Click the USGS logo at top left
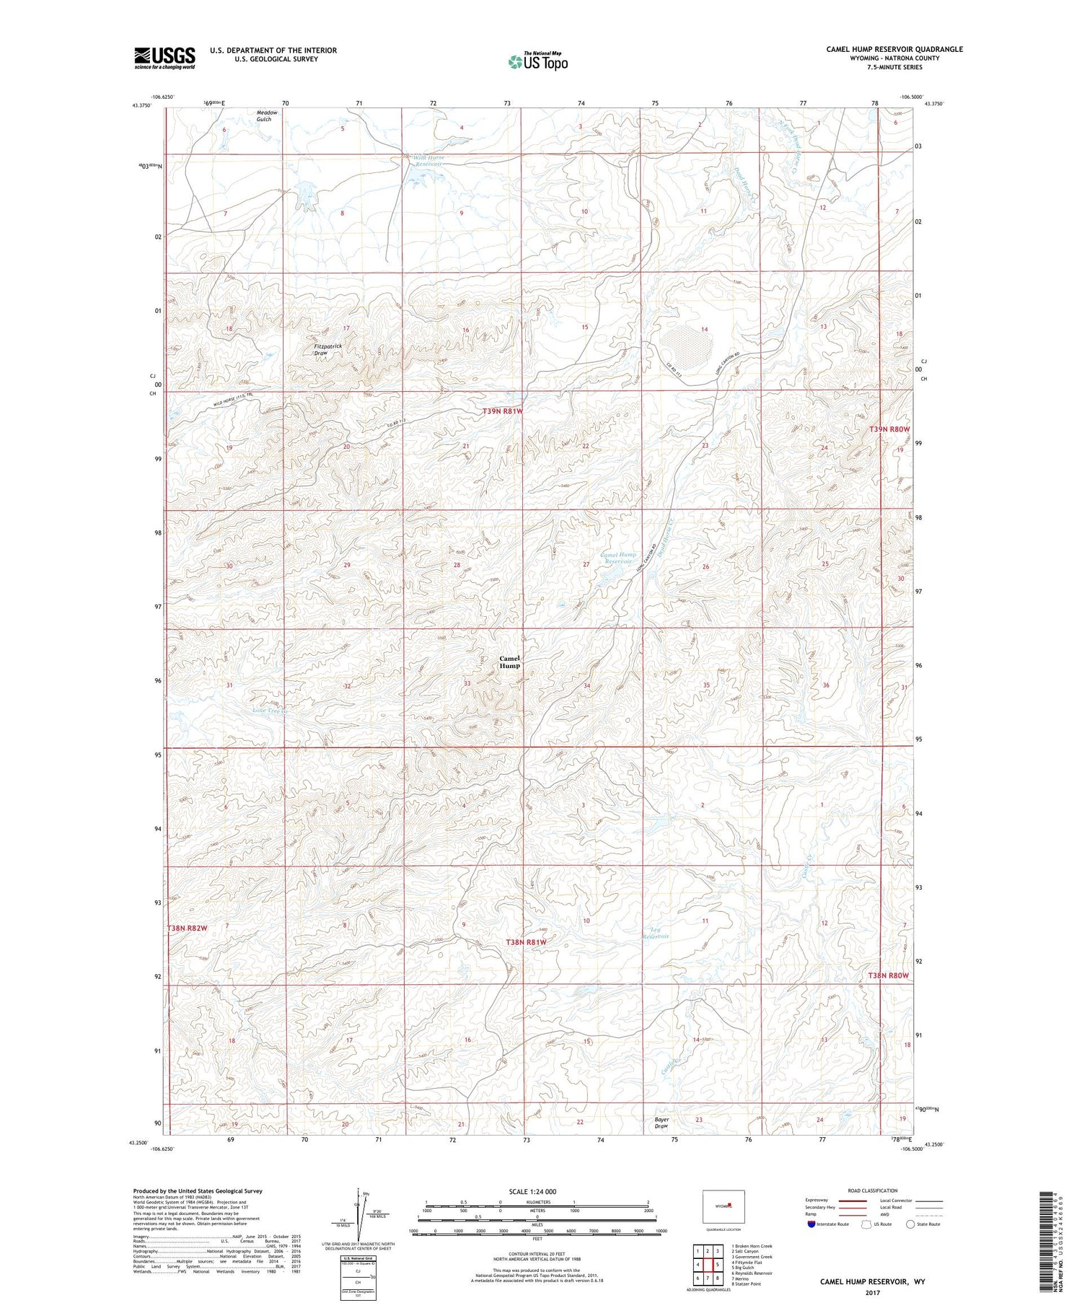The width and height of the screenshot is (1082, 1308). point(164,58)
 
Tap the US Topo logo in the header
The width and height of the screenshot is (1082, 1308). point(537,62)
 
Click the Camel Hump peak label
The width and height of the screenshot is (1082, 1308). point(509,662)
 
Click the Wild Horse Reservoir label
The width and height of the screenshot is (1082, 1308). point(428,160)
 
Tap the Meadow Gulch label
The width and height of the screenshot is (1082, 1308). point(264,116)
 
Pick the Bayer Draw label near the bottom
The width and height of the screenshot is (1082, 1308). point(661,1123)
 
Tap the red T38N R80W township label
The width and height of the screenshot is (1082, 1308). point(888,975)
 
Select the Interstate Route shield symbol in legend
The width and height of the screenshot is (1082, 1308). point(812,1224)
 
